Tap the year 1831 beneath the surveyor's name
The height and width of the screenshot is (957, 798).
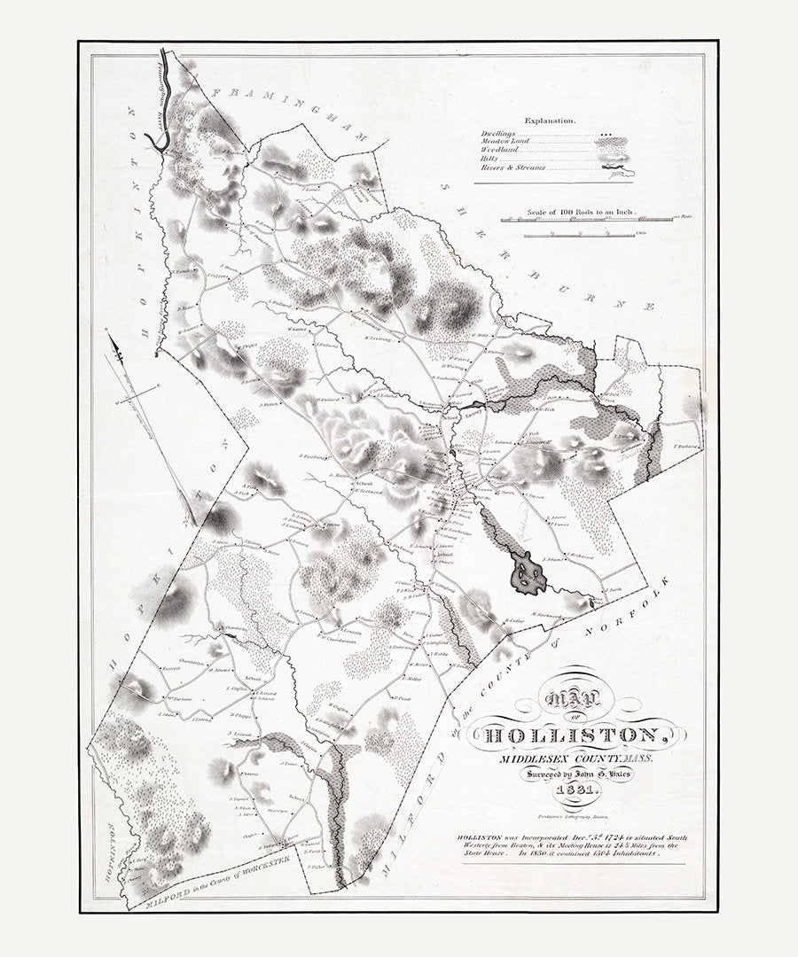578,791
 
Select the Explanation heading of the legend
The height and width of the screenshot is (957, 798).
550,119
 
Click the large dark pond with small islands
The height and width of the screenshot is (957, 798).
528,573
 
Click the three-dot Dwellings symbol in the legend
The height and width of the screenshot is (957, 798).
607,134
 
